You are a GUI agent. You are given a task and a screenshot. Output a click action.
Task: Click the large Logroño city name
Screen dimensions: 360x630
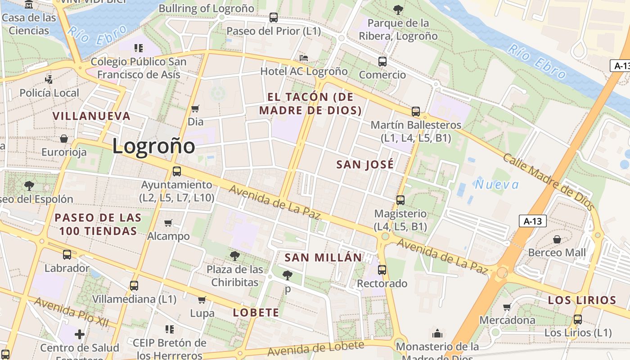[x=153, y=146]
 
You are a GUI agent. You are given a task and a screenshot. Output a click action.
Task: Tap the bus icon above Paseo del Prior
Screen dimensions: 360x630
[x=274, y=18]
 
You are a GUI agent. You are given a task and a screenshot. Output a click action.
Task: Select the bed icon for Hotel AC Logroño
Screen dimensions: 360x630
[x=304, y=58]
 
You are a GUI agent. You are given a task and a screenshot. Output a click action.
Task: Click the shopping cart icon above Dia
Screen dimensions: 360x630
[x=195, y=108]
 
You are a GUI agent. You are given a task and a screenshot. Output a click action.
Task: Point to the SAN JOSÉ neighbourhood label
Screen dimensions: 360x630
[x=365, y=165]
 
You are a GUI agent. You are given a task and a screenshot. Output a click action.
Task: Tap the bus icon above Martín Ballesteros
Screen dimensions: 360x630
[x=416, y=111]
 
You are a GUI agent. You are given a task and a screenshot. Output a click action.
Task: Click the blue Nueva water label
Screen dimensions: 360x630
[x=497, y=184]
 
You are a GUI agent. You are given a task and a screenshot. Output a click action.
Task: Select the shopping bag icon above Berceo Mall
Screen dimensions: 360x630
[x=557, y=239]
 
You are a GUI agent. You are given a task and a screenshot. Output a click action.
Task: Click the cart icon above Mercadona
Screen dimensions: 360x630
[x=507, y=307]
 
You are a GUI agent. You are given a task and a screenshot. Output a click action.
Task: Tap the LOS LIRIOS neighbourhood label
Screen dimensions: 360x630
[x=582, y=300]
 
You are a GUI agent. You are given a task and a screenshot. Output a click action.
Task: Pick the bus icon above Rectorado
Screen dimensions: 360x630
[x=382, y=270]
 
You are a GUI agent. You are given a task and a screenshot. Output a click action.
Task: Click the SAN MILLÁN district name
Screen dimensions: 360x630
[x=323, y=258]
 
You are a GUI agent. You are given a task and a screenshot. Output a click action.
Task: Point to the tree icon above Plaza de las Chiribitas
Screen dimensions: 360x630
[x=234, y=256]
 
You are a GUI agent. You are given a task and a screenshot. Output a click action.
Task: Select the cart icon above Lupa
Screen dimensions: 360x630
[x=202, y=300]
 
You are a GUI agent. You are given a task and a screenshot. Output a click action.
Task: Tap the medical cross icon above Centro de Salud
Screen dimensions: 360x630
[x=80, y=334]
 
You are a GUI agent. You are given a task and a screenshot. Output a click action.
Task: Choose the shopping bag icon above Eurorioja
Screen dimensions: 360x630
[x=64, y=139]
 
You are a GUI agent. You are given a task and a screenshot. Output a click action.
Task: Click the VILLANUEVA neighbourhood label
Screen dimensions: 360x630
[x=91, y=116]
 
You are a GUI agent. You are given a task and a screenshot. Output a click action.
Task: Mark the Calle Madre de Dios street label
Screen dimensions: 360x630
[x=548, y=181]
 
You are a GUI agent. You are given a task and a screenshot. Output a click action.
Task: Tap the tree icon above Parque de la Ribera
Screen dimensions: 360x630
[x=398, y=9]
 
